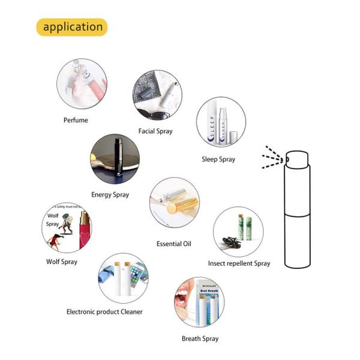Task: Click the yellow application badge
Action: tap(73, 27)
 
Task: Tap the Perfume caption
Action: tap(76, 120)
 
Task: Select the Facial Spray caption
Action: tap(155, 131)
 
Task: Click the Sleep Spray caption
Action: tap(218, 160)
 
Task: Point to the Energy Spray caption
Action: tap(110, 194)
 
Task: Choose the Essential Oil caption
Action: tap(173, 244)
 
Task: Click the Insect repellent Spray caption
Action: tap(239, 263)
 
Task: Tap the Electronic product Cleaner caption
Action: tap(104, 311)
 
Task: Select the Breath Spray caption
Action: tap(200, 338)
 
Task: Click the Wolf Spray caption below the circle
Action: tap(62, 262)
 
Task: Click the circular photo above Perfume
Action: tap(82, 83)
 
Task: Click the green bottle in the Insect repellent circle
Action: tap(247, 228)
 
